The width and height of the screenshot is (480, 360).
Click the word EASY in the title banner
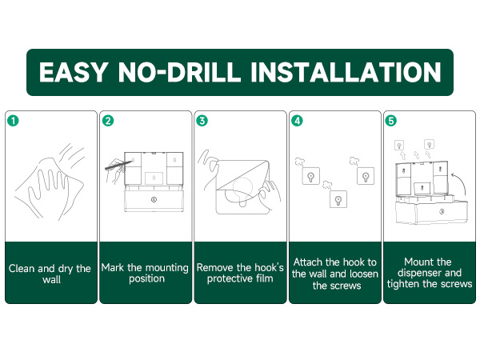pyautogui.click(x=74, y=72)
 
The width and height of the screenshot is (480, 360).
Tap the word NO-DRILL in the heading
pyautogui.click(x=180, y=72)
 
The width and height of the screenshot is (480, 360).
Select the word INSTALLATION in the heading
pyautogui.click(x=346, y=72)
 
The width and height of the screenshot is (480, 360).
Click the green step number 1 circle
pyautogui.click(x=13, y=120)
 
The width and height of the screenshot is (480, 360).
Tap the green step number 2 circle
pyautogui.click(x=108, y=121)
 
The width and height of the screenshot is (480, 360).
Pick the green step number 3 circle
pyautogui.click(x=202, y=121)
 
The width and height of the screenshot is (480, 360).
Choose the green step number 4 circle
pyautogui.click(x=297, y=121)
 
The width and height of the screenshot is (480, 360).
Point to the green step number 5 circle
pyautogui.click(x=391, y=121)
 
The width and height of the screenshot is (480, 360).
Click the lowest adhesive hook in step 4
pyautogui.click(x=338, y=199)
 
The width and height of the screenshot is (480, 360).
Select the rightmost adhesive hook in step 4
pyautogui.click(x=366, y=176)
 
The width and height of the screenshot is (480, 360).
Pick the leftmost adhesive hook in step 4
pyautogui.click(x=311, y=176)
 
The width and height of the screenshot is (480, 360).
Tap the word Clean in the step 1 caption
pyautogui.click(x=22, y=269)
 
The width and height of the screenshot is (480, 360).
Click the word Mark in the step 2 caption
pyautogui.click(x=113, y=267)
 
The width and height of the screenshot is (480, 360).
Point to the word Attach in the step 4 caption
pyautogui.click(x=308, y=262)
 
